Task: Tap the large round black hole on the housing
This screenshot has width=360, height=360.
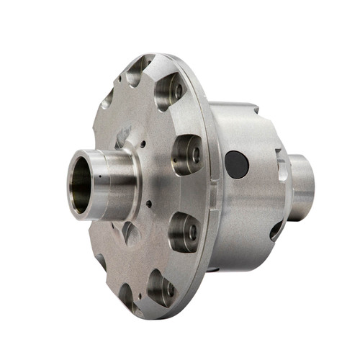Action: [236, 164]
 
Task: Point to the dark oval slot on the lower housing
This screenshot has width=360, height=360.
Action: [276, 230]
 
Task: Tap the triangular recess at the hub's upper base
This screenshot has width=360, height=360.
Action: [123, 137]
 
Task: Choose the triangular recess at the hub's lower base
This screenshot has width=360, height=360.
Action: [130, 233]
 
